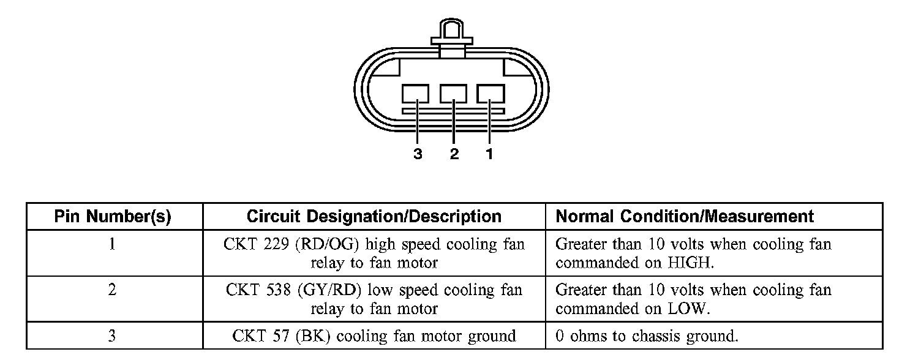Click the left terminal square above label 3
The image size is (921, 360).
pos(415,94)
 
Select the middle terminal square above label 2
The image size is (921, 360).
pos(453,94)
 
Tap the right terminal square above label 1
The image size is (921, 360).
pos(491,94)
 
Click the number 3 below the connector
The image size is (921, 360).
pos(418,154)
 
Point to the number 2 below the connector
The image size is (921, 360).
pos(454,154)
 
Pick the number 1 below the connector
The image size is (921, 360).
pos(489,154)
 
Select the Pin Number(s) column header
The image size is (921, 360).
pos(113,216)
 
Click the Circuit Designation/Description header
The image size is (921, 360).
pos(374,216)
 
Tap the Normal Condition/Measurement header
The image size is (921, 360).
pos(684,216)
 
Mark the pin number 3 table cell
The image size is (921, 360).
pos(113,336)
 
